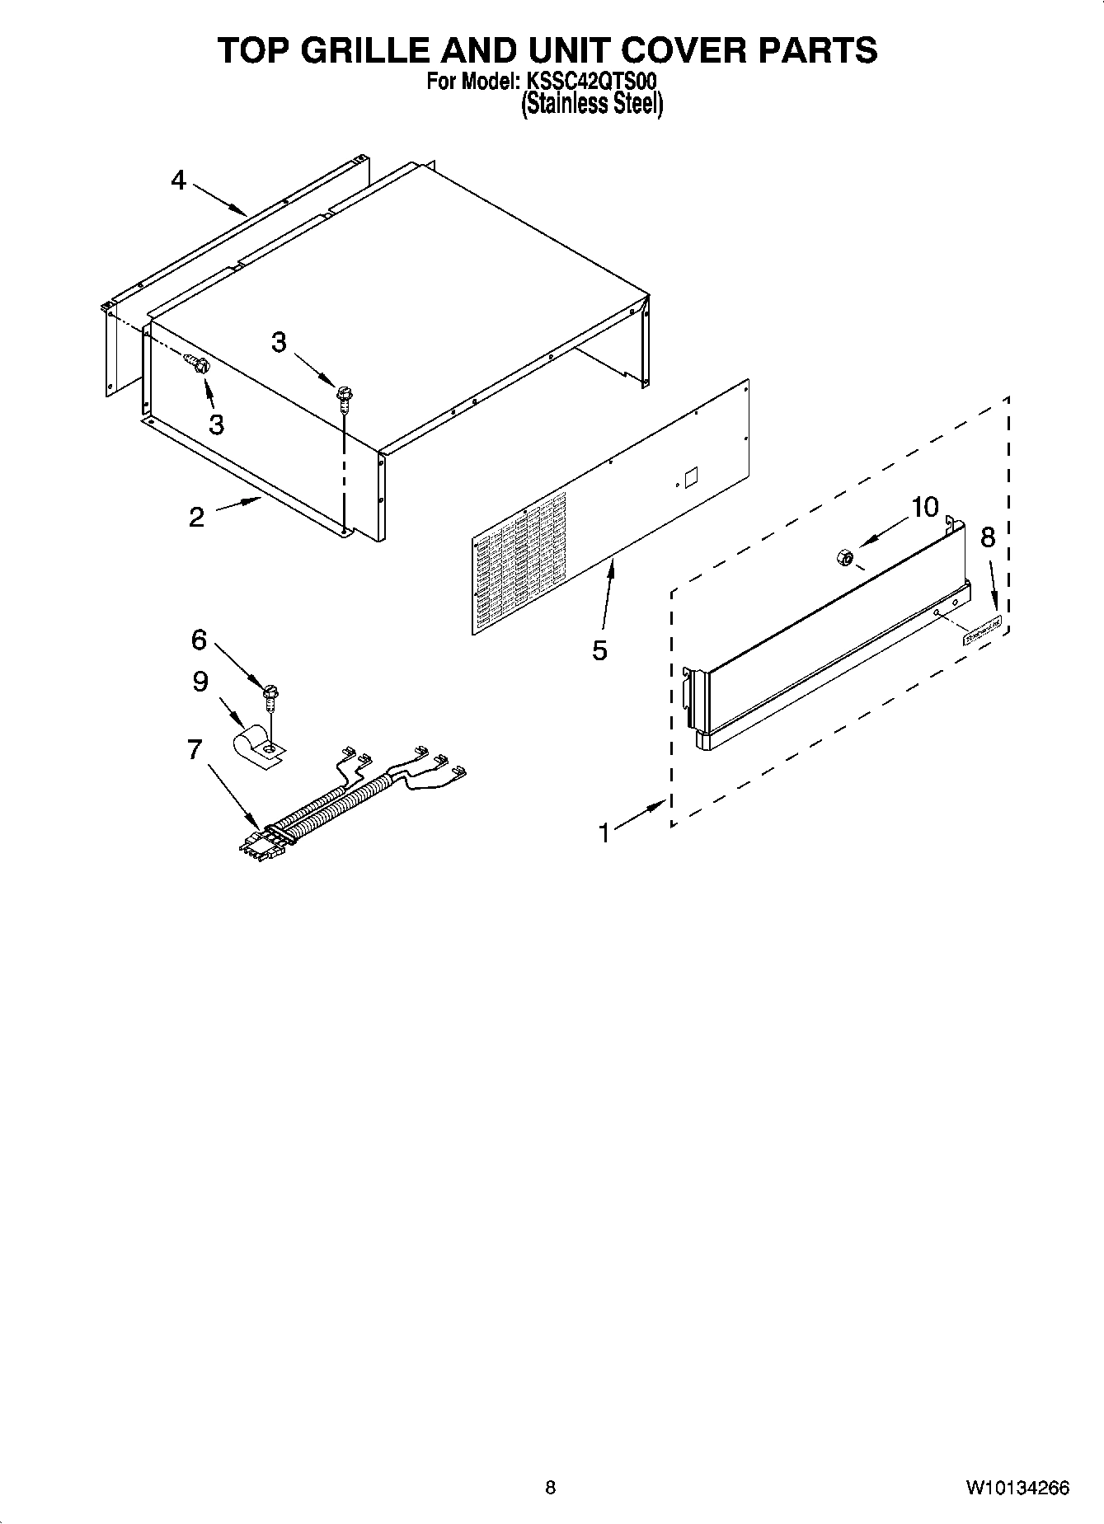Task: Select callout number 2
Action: pyautogui.click(x=196, y=518)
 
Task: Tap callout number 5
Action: pyautogui.click(x=599, y=650)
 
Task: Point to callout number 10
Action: pyautogui.click(x=925, y=508)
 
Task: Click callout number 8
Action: pyautogui.click(x=988, y=537)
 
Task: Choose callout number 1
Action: pyautogui.click(x=604, y=833)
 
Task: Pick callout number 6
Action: pyautogui.click(x=199, y=640)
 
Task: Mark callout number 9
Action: pyautogui.click(x=200, y=682)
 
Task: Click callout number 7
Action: pyautogui.click(x=195, y=749)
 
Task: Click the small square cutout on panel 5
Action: pyautogui.click(x=691, y=477)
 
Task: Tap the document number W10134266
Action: pyautogui.click(x=1018, y=1488)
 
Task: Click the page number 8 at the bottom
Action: pyautogui.click(x=551, y=1488)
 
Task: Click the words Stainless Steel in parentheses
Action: pyautogui.click(x=591, y=105)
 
